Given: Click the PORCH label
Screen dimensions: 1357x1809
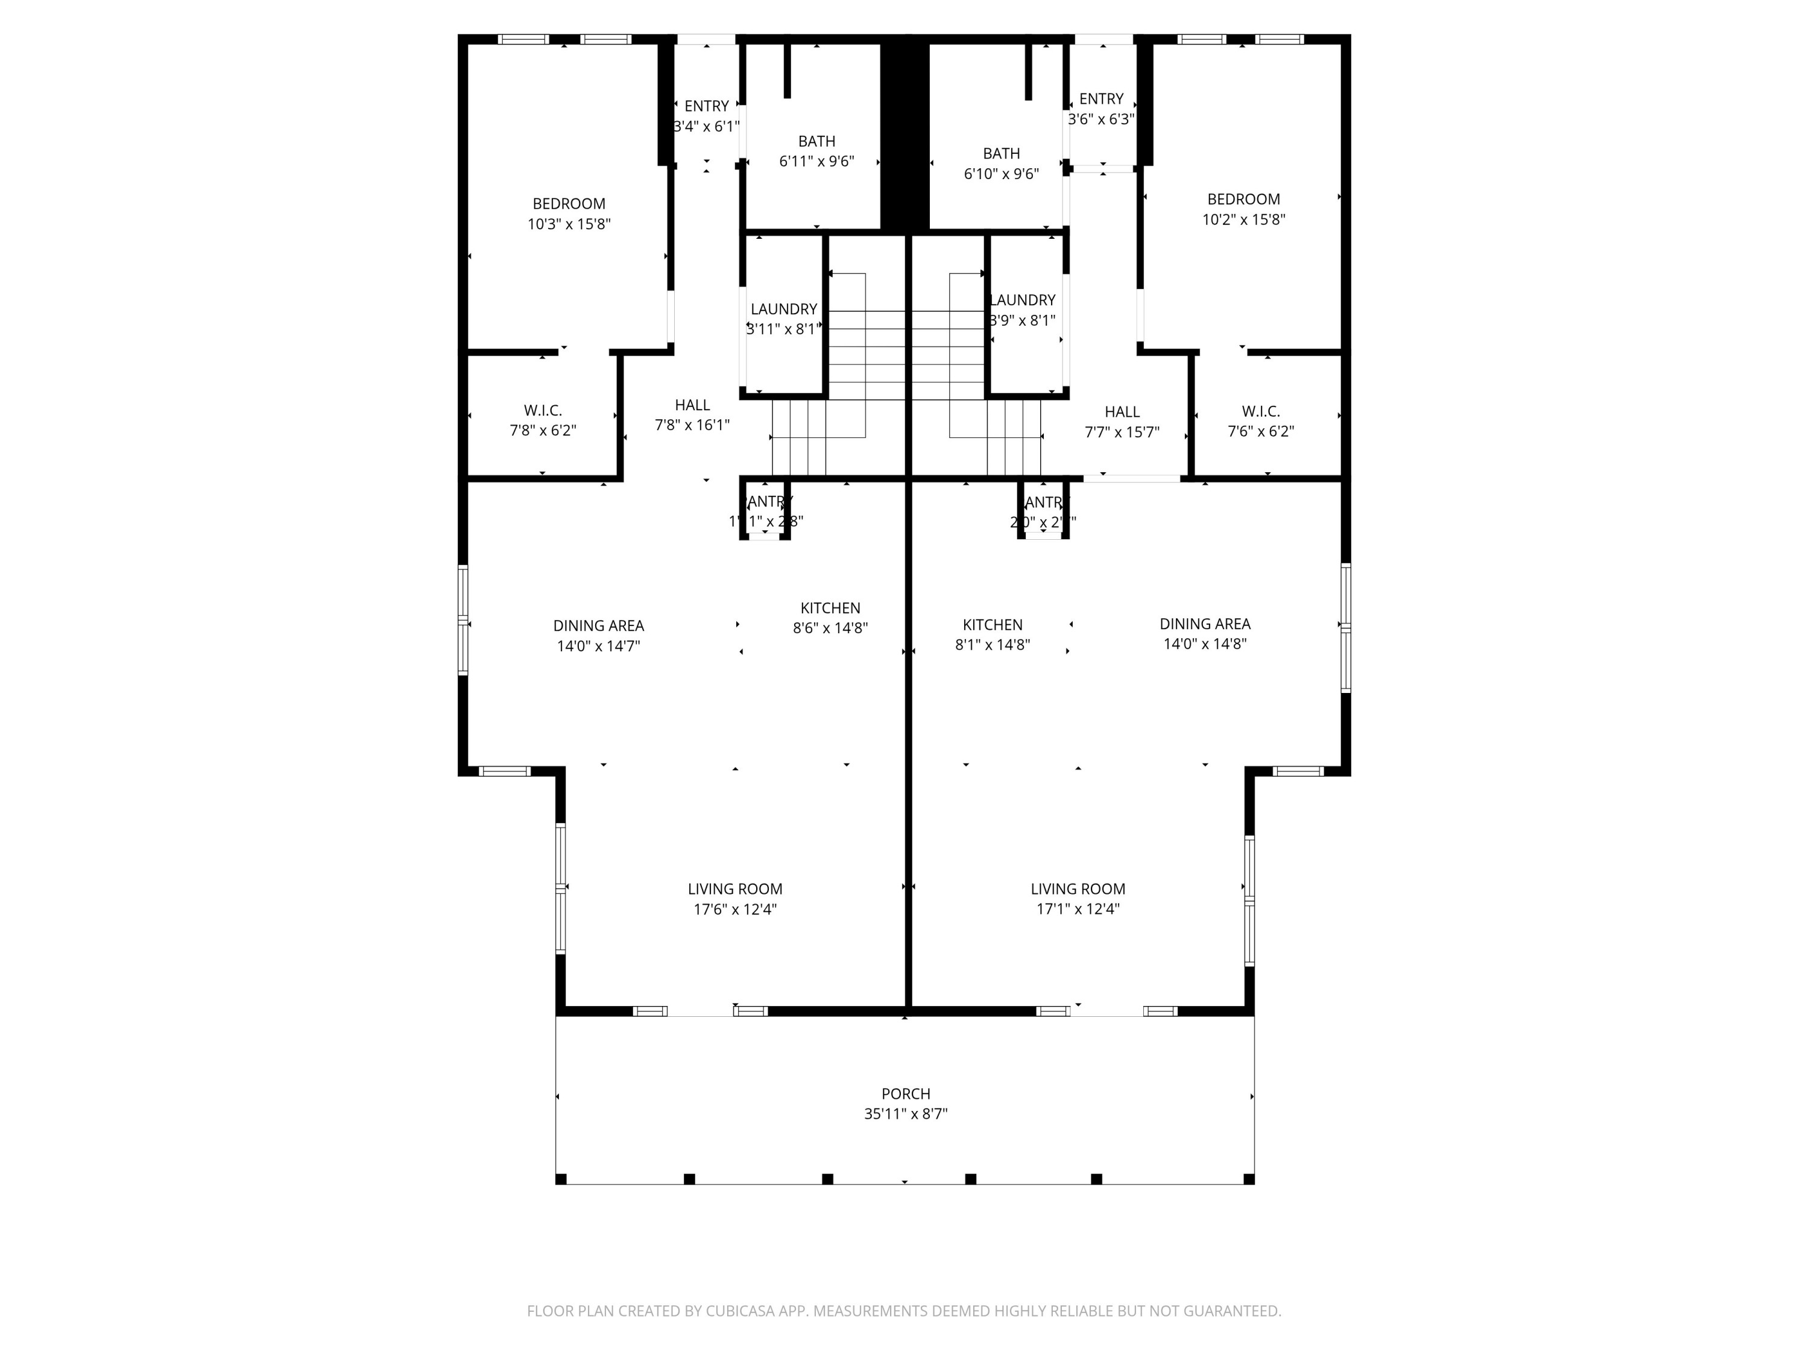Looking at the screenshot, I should click(905, 1093).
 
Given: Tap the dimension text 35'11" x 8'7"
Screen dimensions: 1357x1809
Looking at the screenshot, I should click(905, 1114).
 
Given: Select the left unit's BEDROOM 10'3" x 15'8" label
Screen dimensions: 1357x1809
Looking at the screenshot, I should click(569, 214).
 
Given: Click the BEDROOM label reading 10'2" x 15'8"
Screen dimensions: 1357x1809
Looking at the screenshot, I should click(1243, 209).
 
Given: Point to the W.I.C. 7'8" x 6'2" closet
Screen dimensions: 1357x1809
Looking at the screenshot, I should click(542, 420).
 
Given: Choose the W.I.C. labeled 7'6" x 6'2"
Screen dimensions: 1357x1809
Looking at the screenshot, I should click(1260, 421).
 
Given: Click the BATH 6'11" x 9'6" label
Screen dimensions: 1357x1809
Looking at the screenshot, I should click(816, 151).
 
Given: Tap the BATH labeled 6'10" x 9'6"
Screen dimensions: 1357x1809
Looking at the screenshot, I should click(1001, 163).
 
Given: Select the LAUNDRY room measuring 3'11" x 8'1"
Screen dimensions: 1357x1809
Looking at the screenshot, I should click(783, 319).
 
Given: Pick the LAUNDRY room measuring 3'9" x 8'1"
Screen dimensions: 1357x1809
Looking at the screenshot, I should click(1022, 310).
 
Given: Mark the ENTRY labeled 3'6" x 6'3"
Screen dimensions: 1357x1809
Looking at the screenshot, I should click(1100, 109).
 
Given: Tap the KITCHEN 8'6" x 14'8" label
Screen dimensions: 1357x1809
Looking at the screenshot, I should click(830, 618).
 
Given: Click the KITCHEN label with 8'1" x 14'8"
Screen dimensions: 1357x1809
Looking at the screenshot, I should click(992, 634).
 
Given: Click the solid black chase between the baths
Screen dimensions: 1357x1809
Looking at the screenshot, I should click(904, 131).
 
